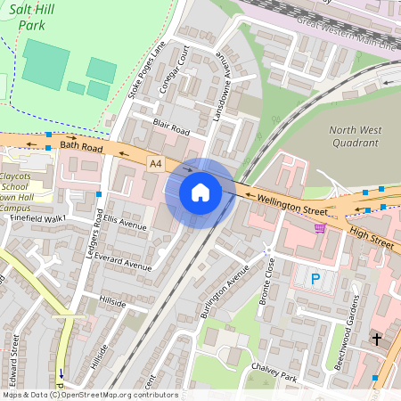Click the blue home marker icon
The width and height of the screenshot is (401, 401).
click(x=200, y=192)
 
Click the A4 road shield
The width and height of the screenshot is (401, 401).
click(x=156, y=164)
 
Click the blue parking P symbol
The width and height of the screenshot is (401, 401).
click(x=315, y=279)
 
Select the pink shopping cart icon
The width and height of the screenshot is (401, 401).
click(x=320, y=228)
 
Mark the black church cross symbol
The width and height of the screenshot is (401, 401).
click(x=376, y=339)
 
